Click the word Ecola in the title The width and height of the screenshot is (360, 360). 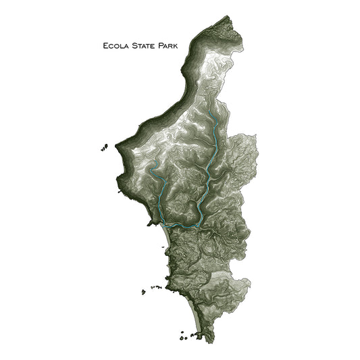[113, 47]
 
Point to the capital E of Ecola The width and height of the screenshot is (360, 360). [104, 47]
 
